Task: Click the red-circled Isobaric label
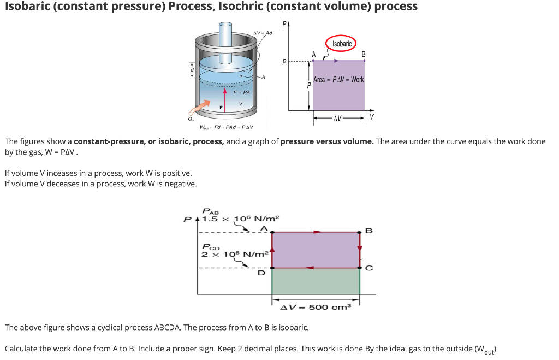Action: point(342,44)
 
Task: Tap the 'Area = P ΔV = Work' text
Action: point(338,80)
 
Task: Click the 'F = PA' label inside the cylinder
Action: point(241,92)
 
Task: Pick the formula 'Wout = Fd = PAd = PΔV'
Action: point(227,128)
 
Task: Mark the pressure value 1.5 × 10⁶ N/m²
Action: point(241,219)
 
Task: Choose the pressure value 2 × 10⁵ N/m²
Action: point(235,255)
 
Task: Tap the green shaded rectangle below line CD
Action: point(316,281)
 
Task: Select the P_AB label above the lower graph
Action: point(210,211)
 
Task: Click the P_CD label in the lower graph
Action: point(211,247)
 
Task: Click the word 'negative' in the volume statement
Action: point(179,184)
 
